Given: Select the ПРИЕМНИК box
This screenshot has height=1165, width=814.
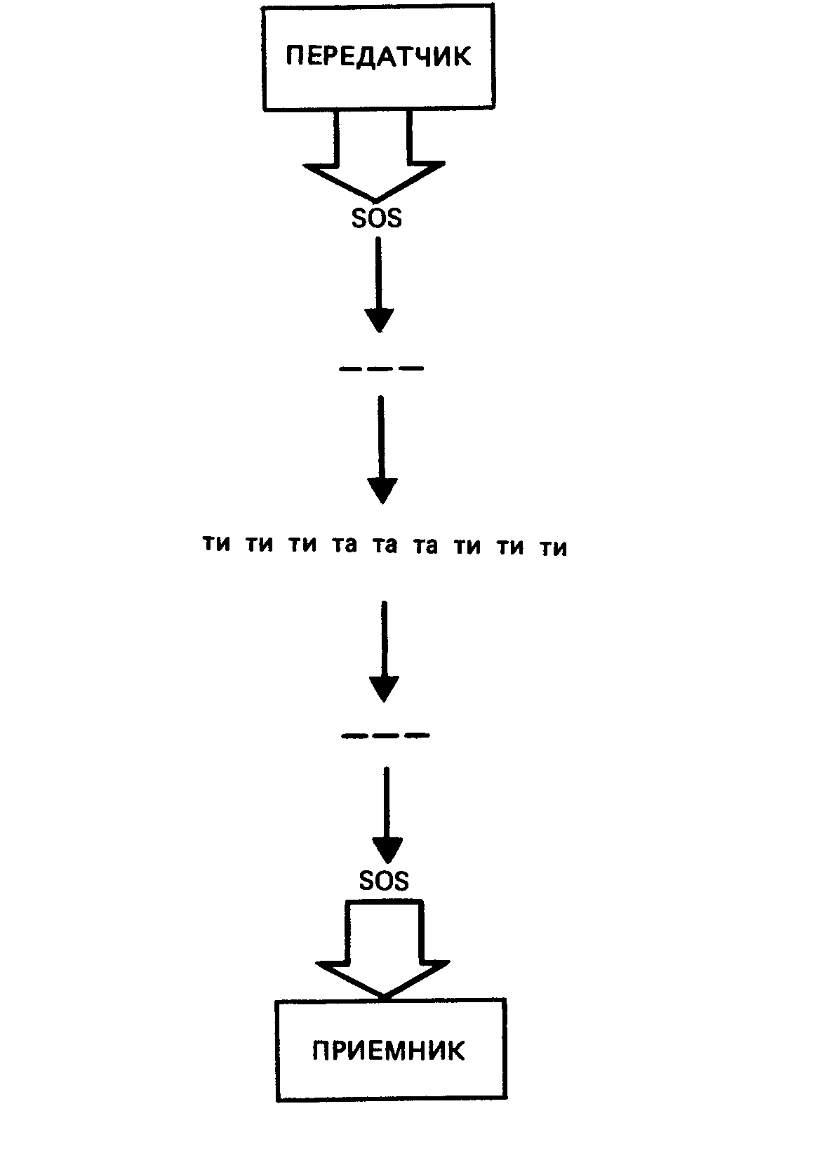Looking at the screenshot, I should coord(390,1050).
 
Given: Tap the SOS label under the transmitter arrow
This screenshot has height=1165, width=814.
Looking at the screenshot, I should coord(377,218).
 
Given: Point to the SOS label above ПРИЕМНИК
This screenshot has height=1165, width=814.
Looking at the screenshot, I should coord(384,880).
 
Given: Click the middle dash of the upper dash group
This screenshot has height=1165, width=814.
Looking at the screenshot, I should coord(381,368).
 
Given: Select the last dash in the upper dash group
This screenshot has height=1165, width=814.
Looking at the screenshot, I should coord(413,368).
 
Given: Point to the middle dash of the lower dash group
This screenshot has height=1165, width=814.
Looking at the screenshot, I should coord(385,735).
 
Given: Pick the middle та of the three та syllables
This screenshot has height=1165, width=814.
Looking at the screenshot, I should coord(384,545).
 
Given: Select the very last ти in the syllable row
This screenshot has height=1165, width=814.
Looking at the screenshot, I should coord(554,548).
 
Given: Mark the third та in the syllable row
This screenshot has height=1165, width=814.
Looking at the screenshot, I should coord(425,546).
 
